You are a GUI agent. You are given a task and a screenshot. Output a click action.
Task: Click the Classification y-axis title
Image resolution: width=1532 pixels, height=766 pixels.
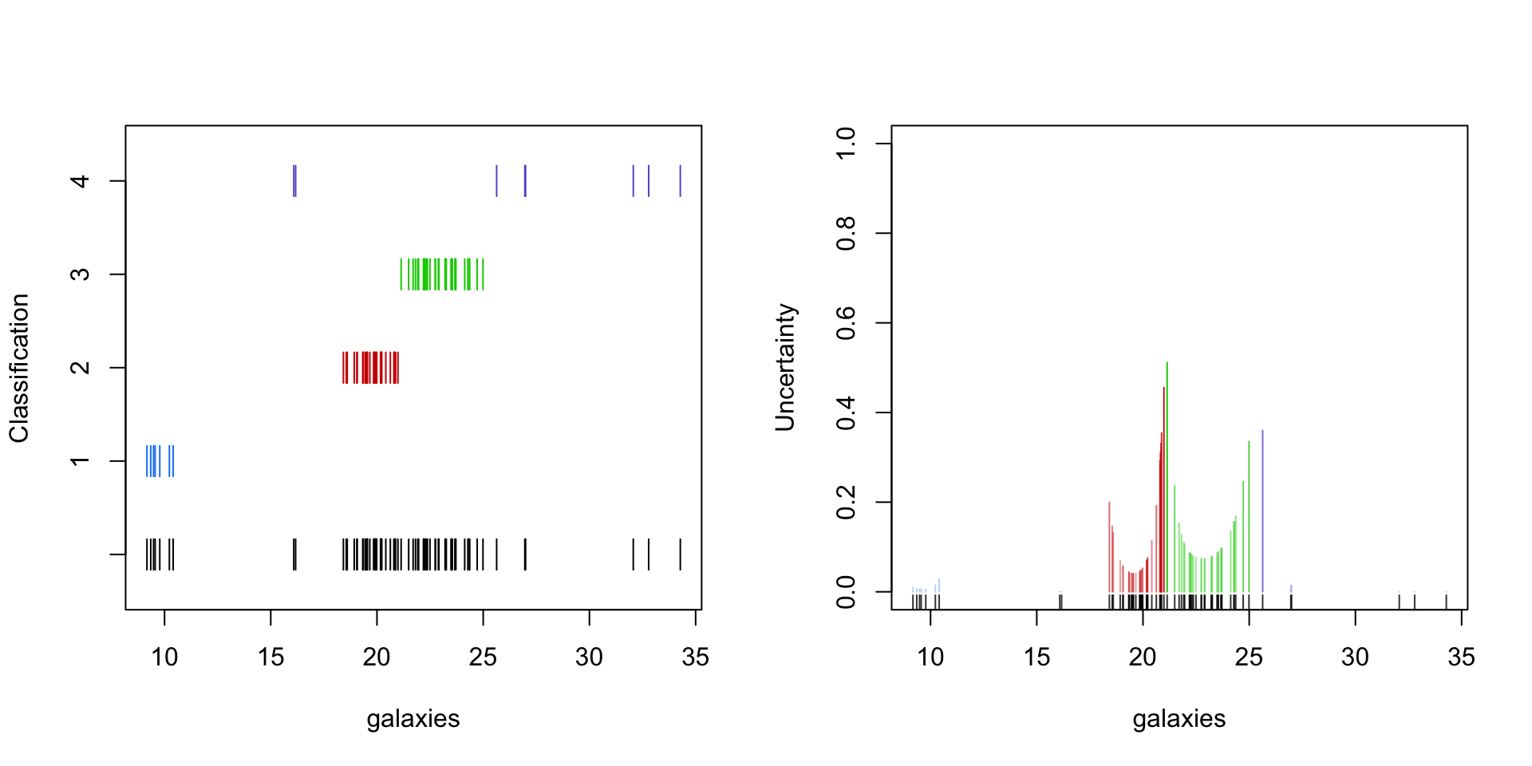[19, 368]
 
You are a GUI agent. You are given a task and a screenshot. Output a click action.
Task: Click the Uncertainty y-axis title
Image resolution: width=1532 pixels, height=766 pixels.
[785, 368]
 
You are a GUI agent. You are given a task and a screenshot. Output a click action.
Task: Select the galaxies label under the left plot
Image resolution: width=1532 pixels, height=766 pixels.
[413, 719]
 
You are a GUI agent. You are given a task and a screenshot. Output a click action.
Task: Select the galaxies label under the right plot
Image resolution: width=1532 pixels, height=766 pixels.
[1179, 719]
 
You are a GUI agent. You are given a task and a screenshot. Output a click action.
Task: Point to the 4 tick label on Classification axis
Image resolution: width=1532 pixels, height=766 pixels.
[80, 181]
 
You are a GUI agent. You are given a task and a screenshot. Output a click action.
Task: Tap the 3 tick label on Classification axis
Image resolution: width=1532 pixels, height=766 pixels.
[80, 274]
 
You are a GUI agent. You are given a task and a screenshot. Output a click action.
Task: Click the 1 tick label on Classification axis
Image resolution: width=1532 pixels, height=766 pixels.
[80, 461]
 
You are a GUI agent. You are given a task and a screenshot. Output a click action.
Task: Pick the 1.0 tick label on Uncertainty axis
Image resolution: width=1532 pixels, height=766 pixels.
[846, 144]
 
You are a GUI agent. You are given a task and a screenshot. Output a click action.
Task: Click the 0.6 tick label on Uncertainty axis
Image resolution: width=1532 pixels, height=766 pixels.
[846, 323]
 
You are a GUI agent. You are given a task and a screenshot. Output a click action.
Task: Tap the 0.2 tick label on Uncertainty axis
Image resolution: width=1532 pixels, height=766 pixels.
[846, 503]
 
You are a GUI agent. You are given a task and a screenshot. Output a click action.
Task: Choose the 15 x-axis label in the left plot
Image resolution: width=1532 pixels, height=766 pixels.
[270, 657]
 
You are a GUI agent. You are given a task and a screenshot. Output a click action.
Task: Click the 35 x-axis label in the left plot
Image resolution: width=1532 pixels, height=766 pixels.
[695, 657]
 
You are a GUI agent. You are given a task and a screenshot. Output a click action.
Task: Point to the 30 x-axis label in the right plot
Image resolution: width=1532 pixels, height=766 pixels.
[1355, 657]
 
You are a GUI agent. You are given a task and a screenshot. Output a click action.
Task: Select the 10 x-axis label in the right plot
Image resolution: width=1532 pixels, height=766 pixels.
[930, 657]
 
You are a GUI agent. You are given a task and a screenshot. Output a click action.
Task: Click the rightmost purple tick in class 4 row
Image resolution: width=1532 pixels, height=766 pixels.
[680, 181]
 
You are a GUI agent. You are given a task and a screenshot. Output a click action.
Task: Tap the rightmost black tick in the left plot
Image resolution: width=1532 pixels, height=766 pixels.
[680, 555]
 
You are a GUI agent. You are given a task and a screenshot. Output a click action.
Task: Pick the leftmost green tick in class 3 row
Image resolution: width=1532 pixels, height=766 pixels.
[401, 274]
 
